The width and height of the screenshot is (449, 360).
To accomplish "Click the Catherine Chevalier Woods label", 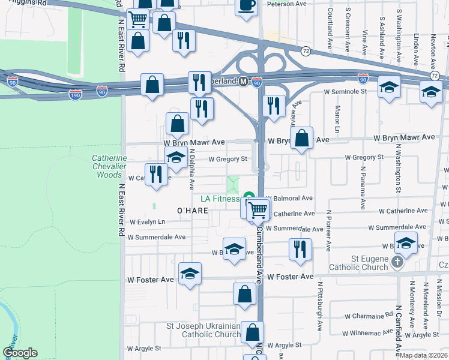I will [x=109, y=166].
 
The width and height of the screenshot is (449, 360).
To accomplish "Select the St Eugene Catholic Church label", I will [x=358, y=262].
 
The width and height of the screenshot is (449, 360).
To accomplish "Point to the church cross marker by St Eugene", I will [x=397, y=262].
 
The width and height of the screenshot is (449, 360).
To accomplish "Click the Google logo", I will [x=20, y=353].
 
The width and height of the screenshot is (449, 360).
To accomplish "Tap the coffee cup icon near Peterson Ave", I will [x=246, y=6].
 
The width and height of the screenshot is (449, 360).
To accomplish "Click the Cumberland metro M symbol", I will [x=243, y=81].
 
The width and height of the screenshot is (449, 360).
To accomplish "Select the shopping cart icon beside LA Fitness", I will [x=258, y=209].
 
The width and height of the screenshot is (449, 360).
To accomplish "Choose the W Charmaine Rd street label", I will [x=364, y=316].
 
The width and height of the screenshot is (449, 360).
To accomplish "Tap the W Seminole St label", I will [x=345, y=92].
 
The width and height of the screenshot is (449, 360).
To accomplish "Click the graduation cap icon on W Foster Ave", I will [x=190, y=274].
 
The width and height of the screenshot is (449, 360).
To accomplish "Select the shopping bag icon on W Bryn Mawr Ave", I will [x=303, y=137].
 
